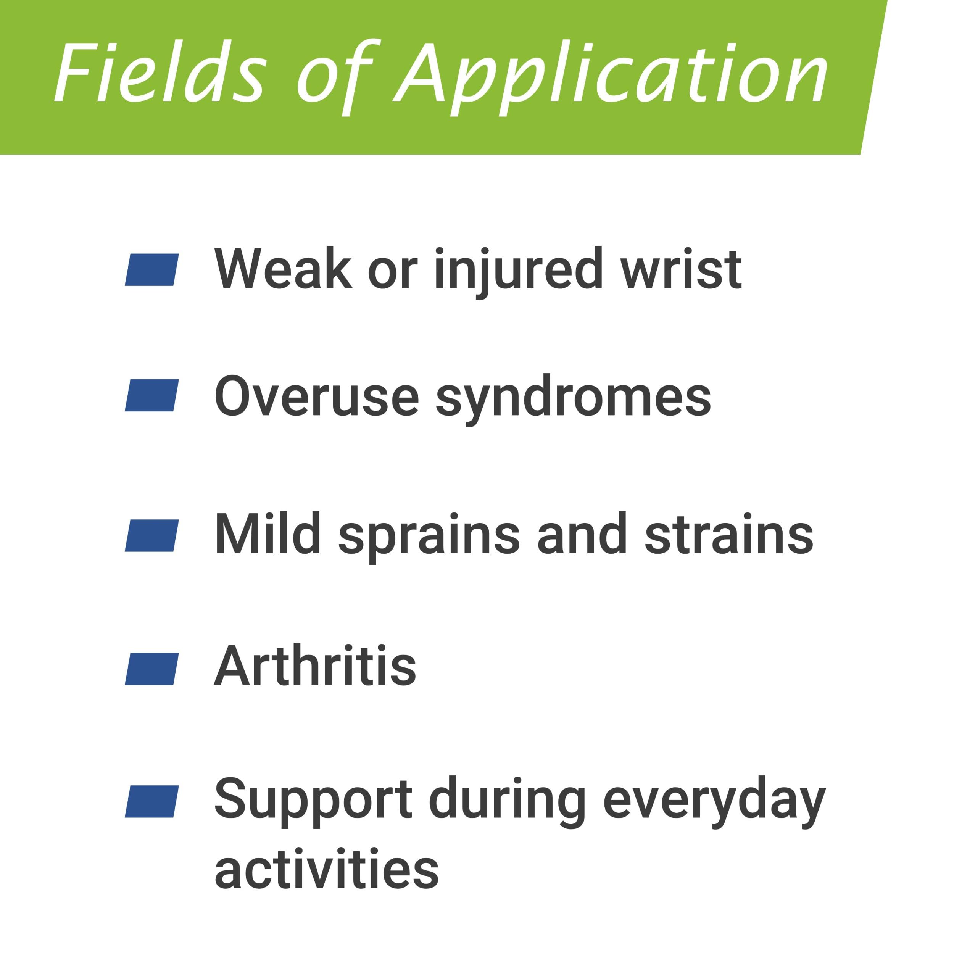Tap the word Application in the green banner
click(611, 78)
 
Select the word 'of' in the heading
click(339, 78)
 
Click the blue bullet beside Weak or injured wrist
click(151, 270)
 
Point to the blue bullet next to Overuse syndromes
click(151, 395)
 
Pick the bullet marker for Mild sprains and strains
click(151, 535)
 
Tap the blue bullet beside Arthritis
click(151, 669)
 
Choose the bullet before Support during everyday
click(151, 801)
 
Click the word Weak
click(283, 269)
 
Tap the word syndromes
click(573, 400)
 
